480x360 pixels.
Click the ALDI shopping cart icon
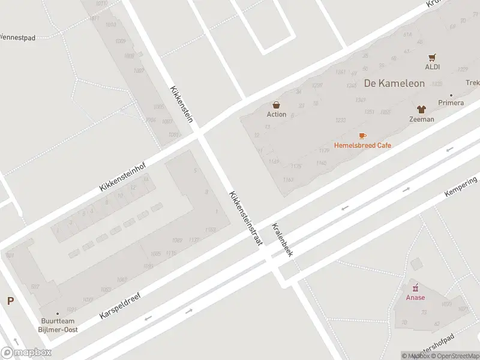pyautogui.click(x=433, y=58)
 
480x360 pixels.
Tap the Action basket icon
pyautogui.click(x=277, y=105)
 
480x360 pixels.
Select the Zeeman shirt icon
pyautogui.click(x=421, y=109)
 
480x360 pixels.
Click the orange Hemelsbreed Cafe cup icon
pyautogui.click(x=362, y=136)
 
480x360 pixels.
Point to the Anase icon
pyautogui.click(x=415, y=288)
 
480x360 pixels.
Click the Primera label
pyautogui.click(x=451, y=103)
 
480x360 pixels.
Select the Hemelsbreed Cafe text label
pyautogui.click(x=362, y=146)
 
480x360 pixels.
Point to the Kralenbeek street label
pyautogui.click(x=282, y=240)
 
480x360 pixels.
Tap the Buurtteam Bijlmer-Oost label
pyautogui.click(x=59, y=325)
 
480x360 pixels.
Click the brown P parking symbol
pyautogui.click(x=10, y=301)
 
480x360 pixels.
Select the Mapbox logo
pyautogui.click(x=26, y=353)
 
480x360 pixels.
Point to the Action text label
pyautogui.click(x=277, y=115)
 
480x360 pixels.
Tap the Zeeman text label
pyautogui.click(x=421, y=119)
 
